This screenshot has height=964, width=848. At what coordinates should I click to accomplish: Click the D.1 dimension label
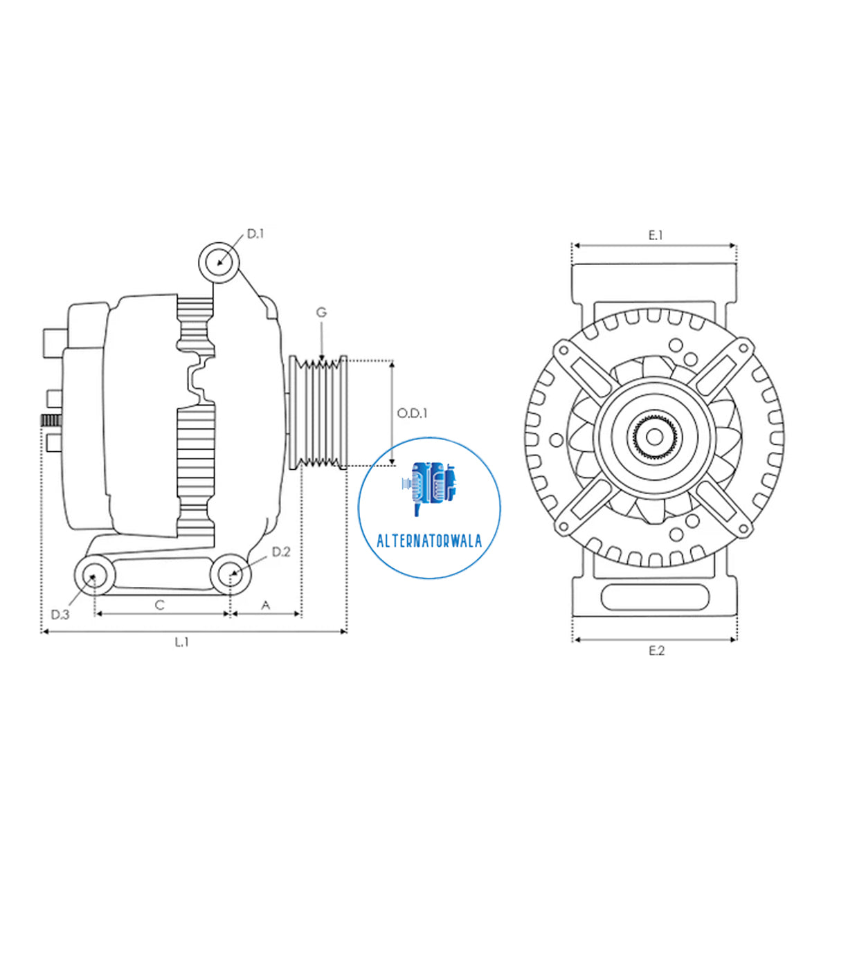(x=255, y=234)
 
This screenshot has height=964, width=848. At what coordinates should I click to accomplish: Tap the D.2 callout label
(x=280, y=552)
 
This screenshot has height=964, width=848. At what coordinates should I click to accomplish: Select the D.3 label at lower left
(x=60, y=615)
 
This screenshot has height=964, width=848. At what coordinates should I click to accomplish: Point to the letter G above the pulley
(x=321, y=313)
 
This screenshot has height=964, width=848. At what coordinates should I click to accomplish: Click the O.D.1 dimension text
(x=412, y=413)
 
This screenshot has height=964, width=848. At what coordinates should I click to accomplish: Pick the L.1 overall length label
(x=181, y=642)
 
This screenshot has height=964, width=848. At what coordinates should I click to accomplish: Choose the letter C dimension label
(x=160, y=605)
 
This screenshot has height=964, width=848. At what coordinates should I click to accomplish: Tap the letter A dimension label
(x=265, y=606)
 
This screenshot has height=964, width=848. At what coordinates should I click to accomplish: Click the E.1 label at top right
(x=655, y=235)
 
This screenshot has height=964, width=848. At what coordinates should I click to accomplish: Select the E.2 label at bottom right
(x=656, y=651)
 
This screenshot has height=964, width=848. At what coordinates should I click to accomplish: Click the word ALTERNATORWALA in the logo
(x=429, y=541)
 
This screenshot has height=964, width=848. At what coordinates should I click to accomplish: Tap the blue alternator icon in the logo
(x=429, y=484)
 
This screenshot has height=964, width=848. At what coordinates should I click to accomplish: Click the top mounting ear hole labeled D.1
(x=219, y=262)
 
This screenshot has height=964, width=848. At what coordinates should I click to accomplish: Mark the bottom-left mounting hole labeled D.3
(x=94, y=575)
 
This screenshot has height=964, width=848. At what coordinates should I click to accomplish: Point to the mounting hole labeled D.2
(x=231, y=574)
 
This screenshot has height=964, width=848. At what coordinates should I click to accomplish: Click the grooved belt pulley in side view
(x=318, y=413)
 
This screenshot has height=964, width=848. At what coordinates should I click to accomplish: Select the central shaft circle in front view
(x=654, y=437)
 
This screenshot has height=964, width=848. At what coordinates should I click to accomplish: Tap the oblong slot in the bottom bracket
(x=655, y=597)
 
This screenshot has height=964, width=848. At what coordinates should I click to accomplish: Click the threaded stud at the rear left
(x=51, y=421)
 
